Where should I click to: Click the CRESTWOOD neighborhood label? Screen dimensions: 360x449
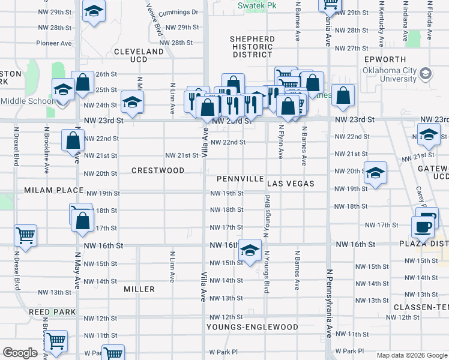[158, 170]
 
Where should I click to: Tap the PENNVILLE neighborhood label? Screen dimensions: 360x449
[240, 179]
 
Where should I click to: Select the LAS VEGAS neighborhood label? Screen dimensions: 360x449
[291, 183]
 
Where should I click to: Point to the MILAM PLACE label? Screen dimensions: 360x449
[53, 190]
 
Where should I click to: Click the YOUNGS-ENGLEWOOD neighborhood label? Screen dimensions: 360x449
[252, 327]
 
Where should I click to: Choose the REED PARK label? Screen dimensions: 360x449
[53, 312]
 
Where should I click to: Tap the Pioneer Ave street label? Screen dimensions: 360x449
[54, 43]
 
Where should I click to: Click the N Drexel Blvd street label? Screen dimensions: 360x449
[11, 145]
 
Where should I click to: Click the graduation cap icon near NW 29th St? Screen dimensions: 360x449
[93, 11]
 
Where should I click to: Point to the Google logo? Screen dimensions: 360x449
[20, 353]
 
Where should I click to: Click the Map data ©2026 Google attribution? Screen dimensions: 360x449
[411, 355]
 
